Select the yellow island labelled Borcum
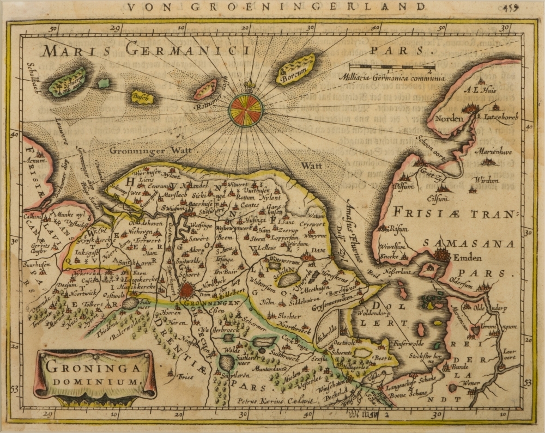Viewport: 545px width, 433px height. [295, 70]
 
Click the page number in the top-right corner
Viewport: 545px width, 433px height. [526, 6]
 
